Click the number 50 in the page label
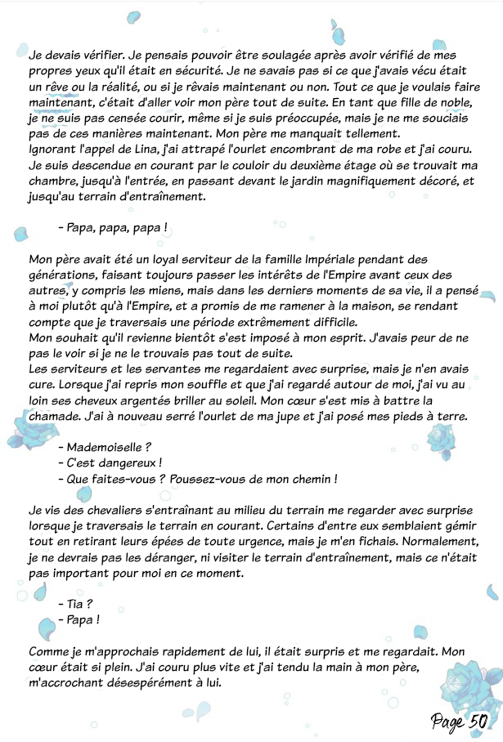[x=479, y=720]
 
